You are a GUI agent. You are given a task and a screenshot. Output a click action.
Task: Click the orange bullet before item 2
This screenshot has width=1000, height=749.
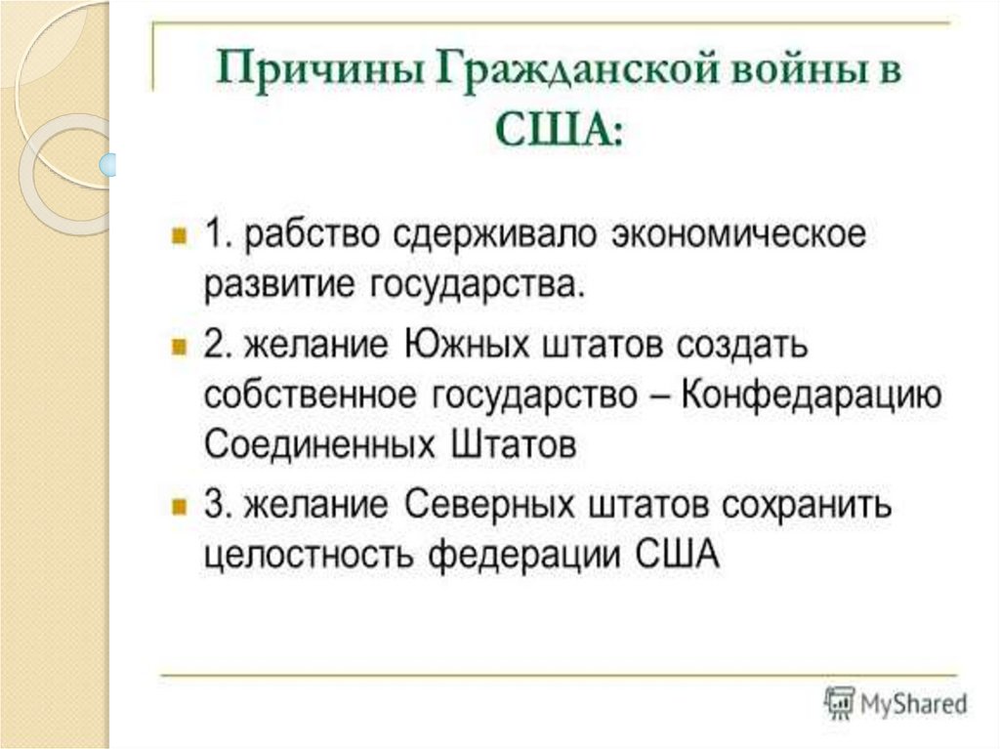coord(178,346)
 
